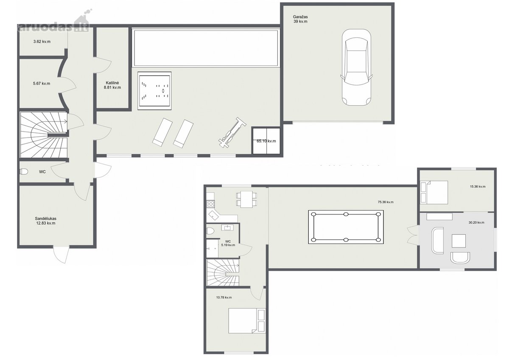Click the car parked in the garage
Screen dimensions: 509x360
356,67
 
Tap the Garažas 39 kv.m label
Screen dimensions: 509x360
300,19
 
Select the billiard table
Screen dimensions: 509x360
346,227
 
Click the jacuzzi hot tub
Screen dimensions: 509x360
154,91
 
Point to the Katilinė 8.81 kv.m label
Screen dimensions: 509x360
112,85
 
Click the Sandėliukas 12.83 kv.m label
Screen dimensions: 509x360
46,221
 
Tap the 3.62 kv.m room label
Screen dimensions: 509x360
42,42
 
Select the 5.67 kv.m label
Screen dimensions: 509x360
42,84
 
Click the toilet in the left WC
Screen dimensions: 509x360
24,172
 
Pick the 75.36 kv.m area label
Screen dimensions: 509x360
386,202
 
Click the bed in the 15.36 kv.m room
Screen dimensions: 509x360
434,192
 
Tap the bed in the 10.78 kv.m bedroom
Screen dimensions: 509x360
247,321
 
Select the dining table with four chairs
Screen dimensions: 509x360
247,199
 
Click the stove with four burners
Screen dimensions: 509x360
211,204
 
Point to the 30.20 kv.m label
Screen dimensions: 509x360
476,222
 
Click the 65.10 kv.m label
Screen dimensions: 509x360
266,141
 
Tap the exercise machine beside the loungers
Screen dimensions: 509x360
232,133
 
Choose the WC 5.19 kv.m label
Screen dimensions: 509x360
228,243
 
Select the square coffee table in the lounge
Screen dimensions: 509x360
459,241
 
